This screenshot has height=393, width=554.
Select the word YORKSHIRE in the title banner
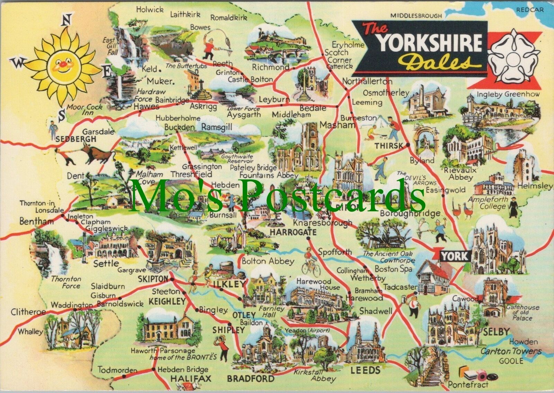pyautogui.click(x=430, y=42)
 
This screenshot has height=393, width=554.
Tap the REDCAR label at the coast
pyautogui.click(x=530, y=10)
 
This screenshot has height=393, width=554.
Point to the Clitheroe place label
pyautogui.click(x=28, y=312)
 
